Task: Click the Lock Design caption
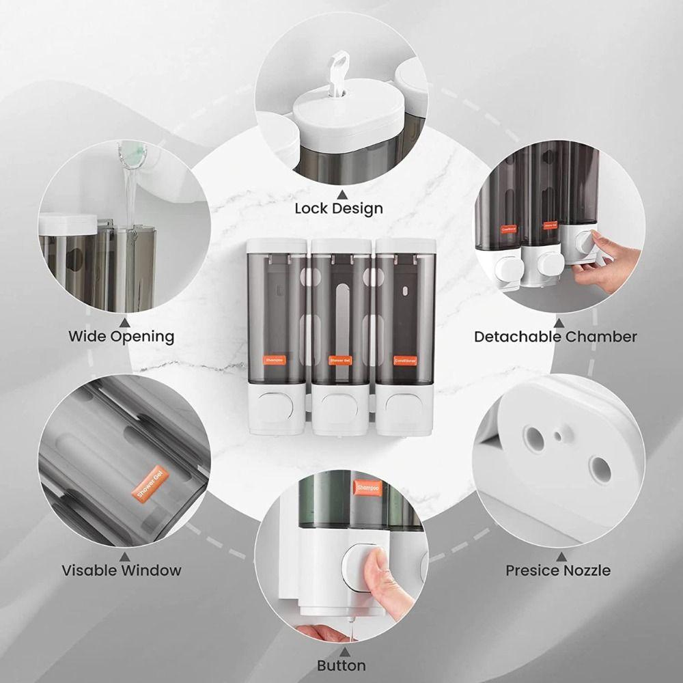[x=339, y=208]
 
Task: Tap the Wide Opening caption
[x=121, y=336]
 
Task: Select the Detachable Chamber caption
[x=555, y=336]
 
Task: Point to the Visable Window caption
[x=122, y=570]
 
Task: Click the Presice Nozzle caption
[x=558, y=570]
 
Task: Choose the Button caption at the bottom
[x=341, y=665]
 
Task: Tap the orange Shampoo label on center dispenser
[x=275, y=359]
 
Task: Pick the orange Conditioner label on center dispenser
[x=405, y=359]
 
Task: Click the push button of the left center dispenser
[x=279, y=406]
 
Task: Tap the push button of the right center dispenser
[x=403, y=406]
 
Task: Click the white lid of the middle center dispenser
[x=340, y=245]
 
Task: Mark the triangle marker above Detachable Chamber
[x=559, y=322]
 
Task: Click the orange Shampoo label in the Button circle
[x=367, y=488]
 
